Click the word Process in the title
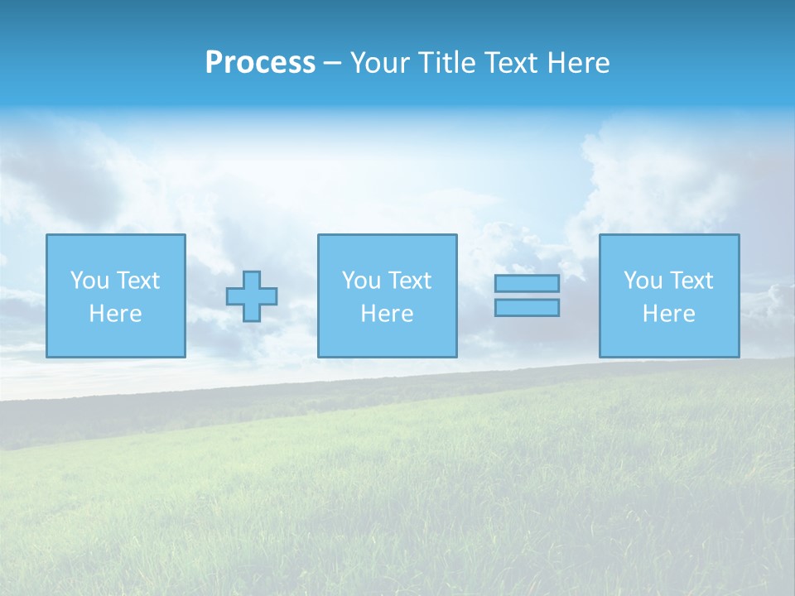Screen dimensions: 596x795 point(260,63)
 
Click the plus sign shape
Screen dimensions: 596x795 point(252,296)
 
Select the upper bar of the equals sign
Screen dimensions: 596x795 point(527,283)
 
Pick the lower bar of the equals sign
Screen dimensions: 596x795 point(527,307)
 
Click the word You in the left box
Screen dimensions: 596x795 point(89,281)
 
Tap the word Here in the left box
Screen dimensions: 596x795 point(115,314)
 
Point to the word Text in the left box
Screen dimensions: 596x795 point(137,281)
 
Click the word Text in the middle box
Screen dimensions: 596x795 point(409,281)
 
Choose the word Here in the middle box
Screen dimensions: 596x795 point(387,314)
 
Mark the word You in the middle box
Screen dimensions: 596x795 point(361,281)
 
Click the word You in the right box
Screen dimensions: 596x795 point(643,281)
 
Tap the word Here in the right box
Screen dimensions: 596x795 point(668,314)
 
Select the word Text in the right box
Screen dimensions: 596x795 point(691,281)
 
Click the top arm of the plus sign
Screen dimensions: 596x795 point(252,278)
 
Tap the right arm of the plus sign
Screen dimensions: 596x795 point(269,296)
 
